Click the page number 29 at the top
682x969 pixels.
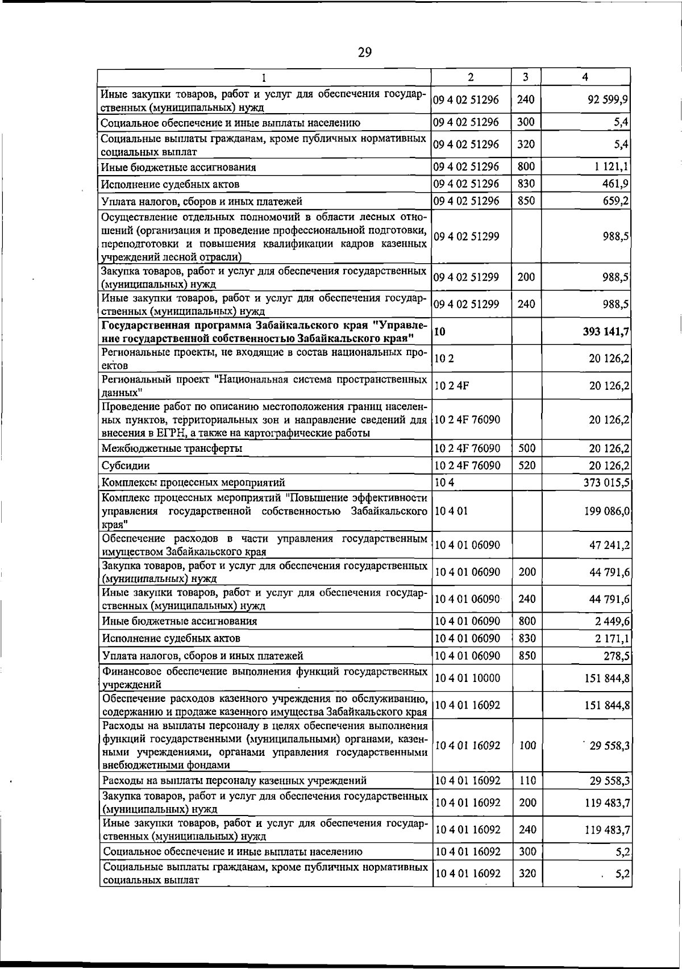tap(365, 52)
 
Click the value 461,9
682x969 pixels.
tap(615, 184)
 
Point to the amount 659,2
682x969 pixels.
tap(615, 201)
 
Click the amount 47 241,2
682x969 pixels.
tap(609, 545)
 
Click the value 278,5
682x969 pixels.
tap(616, 656)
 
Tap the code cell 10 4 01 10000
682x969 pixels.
tap(467, 678)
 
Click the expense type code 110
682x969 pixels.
tap(527, 780)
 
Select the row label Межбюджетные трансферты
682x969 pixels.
tap(172, 448)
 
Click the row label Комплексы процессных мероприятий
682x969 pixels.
tap(193, 483)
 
